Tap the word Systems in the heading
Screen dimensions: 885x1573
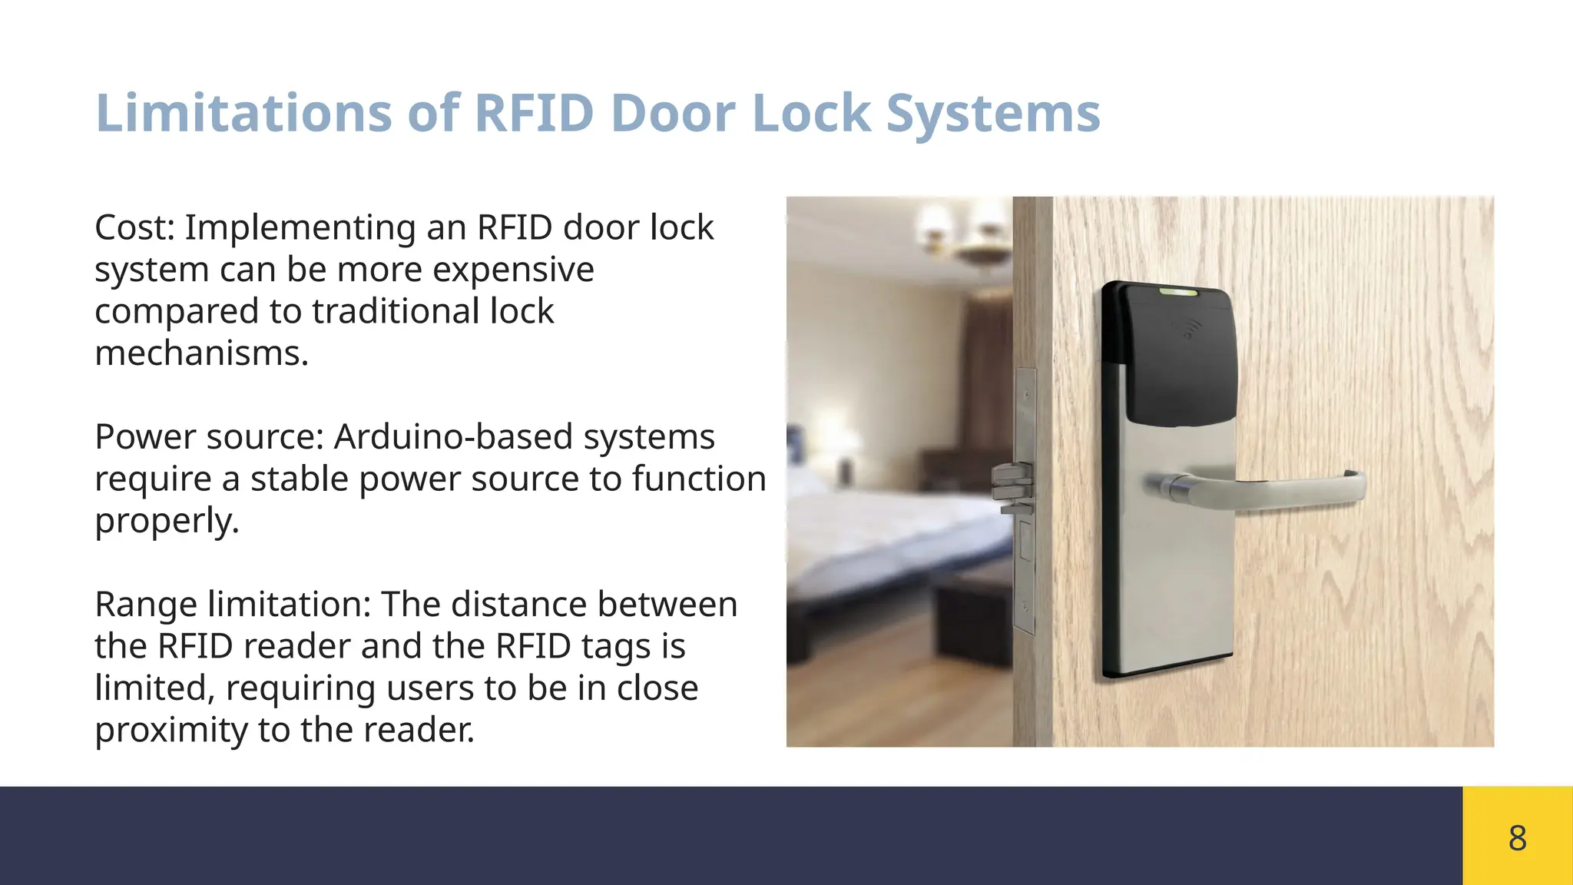[x=993, y=114]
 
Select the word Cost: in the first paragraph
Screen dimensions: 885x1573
[x=135, y=227]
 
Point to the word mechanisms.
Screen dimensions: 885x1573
[x=201, y=353]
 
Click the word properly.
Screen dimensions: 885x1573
[x=167, y=521]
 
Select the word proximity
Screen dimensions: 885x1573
[x=171, y=730]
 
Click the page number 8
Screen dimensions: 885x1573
[x=1517, y=837]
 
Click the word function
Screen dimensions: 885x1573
[x=699, y=479]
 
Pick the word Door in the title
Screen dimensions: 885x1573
[x=674, y=114]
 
